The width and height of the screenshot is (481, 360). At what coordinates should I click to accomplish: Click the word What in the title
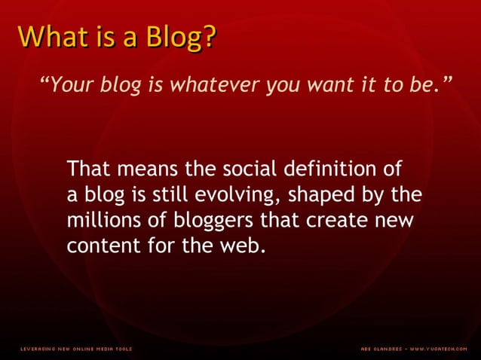tap(48, 37)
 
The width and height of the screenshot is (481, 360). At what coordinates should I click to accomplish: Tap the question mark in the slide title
tap(206, 37)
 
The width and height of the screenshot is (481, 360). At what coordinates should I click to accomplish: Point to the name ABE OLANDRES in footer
tap(381, 349)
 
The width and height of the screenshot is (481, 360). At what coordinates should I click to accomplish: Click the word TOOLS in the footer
tap(122, 349)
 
